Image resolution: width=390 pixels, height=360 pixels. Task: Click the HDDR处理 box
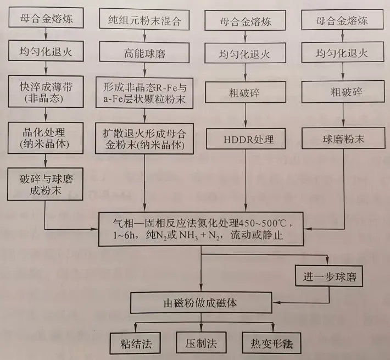(x=246, y=139)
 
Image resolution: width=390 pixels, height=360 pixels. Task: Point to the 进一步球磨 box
(x=328, y=275)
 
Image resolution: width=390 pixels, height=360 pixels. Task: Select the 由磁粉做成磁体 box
(x=201, y=302)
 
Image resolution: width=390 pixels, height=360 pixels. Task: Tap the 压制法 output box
(x=201, y=344)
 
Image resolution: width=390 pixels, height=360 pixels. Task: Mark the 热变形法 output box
(x=270, y=344)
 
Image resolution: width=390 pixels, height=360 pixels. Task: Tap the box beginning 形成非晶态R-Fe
(x=144, y=92)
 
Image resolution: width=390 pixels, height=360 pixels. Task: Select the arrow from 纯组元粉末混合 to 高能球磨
(x=143, y=38)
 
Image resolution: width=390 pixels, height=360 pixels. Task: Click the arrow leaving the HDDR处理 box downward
(x=246, y=179)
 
